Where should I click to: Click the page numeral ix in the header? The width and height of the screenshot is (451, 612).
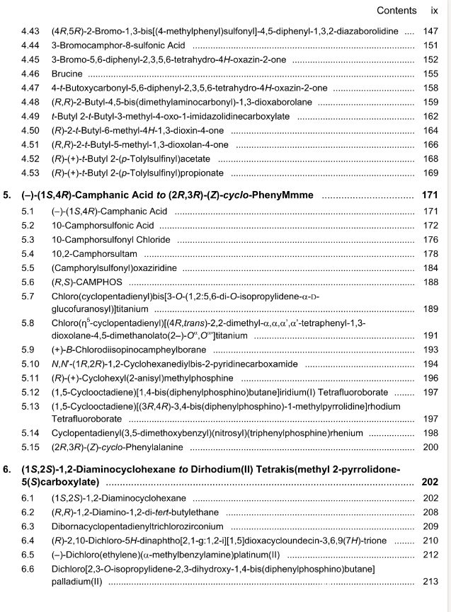(434, 11)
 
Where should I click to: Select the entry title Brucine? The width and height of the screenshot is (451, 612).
(67, 73)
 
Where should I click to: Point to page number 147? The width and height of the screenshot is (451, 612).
(430, 32)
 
